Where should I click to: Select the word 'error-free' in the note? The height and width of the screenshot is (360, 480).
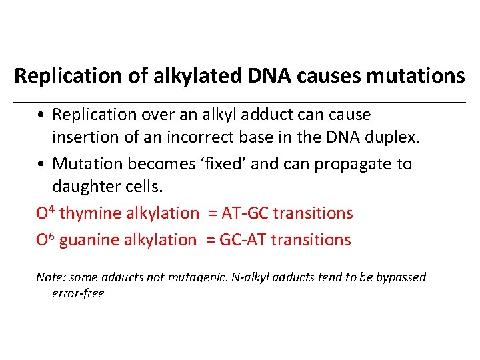[x=78, y=293]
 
